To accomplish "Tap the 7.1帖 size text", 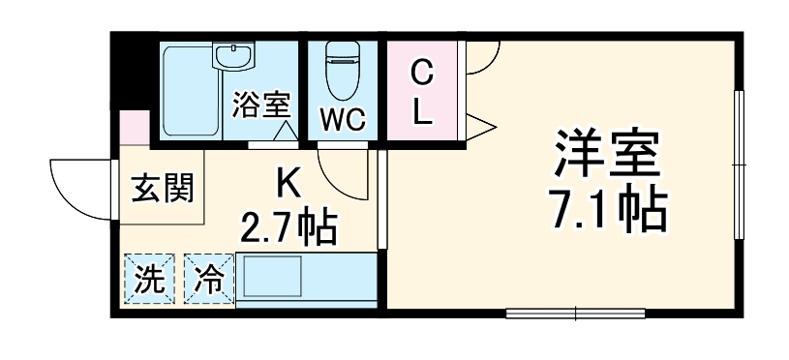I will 608,208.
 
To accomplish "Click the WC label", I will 342,119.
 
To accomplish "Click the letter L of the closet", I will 422,112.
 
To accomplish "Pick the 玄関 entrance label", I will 162,186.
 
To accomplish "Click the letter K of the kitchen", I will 287,181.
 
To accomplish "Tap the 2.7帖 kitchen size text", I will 288,229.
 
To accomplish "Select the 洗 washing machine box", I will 148,279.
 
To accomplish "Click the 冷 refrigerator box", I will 208,279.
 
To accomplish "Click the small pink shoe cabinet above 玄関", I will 135,128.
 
